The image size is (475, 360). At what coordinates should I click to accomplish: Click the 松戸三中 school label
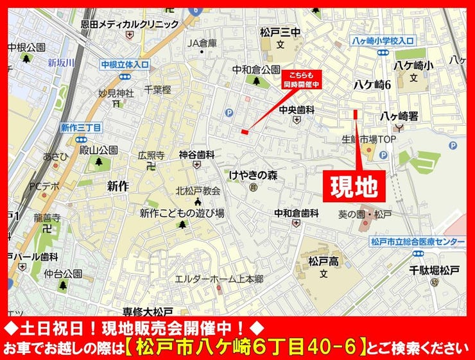coord(280,31)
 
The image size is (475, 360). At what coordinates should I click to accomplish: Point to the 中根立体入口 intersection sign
coord(125,64)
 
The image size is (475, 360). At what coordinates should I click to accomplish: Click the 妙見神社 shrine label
coord(116,94)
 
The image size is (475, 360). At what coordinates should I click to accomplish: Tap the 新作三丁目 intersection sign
coord(81,128)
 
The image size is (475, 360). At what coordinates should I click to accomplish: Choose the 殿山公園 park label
coord(98,150)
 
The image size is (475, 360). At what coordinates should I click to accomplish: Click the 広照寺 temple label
coord(151,155)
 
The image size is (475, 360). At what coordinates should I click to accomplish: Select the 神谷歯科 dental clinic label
coord(196,155)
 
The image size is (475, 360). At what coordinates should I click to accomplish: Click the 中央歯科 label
coord(297,110)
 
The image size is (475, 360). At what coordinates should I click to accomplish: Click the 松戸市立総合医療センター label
coord(417,241)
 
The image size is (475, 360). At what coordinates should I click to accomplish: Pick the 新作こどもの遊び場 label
coord(182,213)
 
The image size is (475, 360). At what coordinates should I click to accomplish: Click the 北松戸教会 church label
coord(198,191)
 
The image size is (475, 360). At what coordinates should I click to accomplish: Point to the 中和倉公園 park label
coord(256,69)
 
